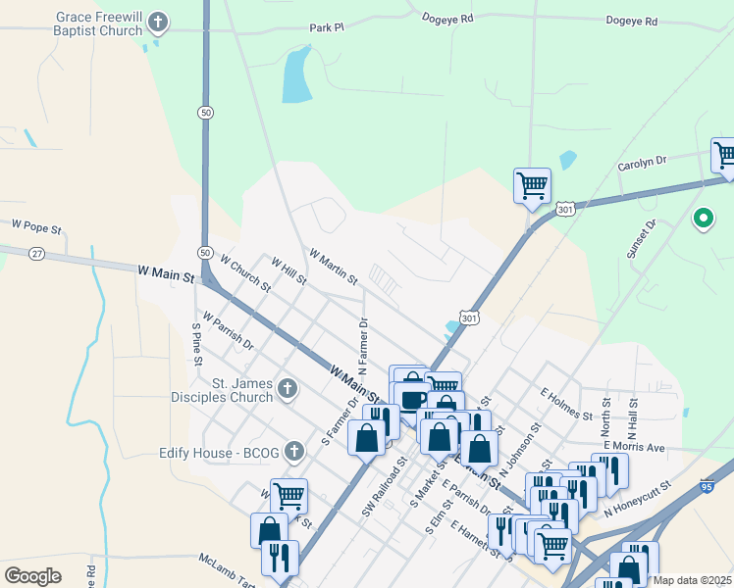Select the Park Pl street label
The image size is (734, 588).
click(327, 28)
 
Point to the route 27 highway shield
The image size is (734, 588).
click(36, 253)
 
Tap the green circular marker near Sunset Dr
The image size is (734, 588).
click(703, 219)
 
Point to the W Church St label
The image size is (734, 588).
click(245, 274)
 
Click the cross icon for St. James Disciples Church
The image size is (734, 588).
click(287, 389)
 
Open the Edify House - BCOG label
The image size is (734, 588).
click(219, 452)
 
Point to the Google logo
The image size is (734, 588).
click(33, 575)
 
